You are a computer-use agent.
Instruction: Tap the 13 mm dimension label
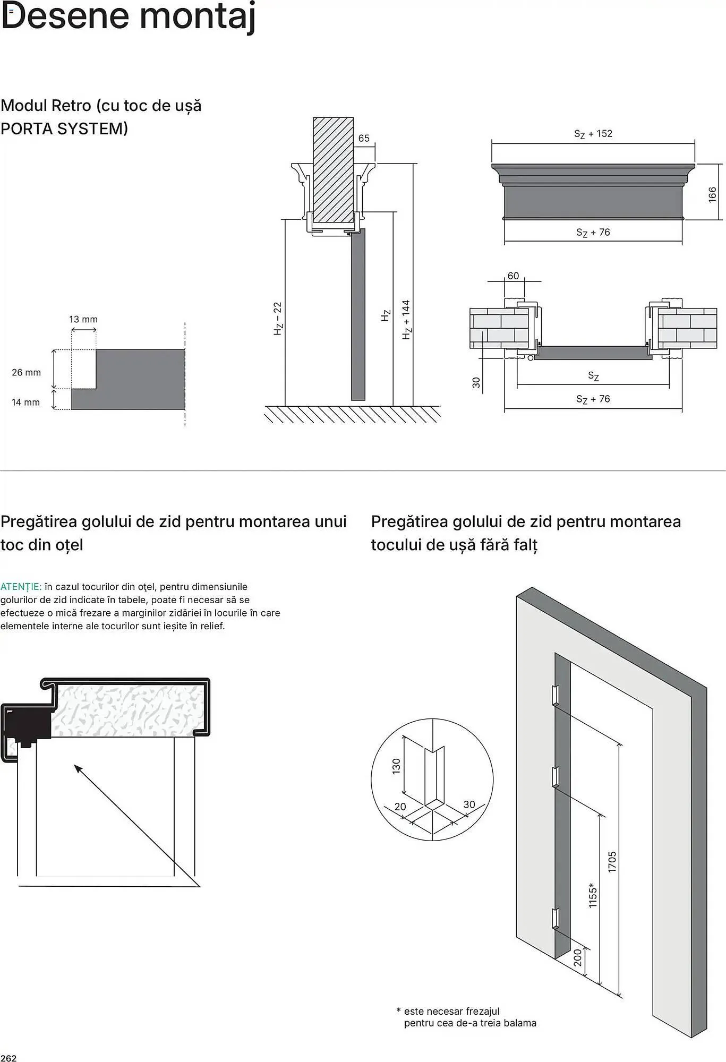click(x=83, y=319)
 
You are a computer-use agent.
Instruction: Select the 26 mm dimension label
click(x=26, y=372)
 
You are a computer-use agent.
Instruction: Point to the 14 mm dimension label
click(x=25, y=402)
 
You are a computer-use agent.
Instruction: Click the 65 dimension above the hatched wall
click(x=364, y=138)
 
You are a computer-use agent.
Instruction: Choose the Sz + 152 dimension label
click(x=593, y=134)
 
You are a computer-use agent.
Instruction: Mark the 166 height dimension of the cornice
click(x=713, y=194)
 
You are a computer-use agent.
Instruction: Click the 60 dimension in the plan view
click(x=513, y=276)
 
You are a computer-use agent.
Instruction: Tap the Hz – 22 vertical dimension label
click(x=278, y=319)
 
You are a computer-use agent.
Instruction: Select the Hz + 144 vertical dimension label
click(x=407, y=320)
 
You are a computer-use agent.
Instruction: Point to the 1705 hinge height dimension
click(x=612, y=861)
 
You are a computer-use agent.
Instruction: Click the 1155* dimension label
click(x=593, y=895)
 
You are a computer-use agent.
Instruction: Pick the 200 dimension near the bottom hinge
click(x=578, y=958)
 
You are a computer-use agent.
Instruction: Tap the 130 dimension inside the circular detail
click(x=396, y=766)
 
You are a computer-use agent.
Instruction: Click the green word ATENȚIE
click(x=21, y=587)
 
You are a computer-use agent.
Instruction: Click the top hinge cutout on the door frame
click(x=555, y=695)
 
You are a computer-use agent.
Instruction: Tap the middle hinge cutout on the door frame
click(x=555, y=777)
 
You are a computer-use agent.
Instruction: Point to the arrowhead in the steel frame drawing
click(x=78, y=768)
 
